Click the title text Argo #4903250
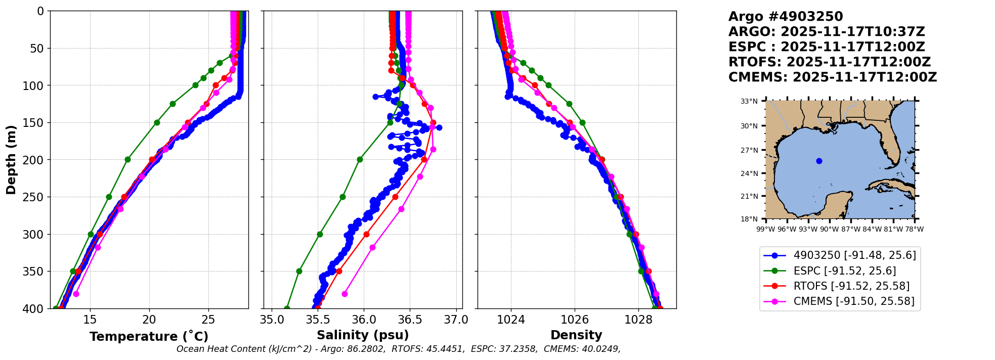pos(786,17)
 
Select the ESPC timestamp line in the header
pos(827,47)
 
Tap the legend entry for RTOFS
pos(851,286)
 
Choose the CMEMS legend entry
pos(854,301)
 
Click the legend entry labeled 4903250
pos(854,255)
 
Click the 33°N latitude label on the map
pos(749,101)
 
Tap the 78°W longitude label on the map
pos(914,229)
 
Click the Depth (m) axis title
pos(11,159)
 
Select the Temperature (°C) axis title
pos(149,337)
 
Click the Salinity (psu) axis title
pos(363,335)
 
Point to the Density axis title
pos(576,335)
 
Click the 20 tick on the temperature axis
pos(149,320)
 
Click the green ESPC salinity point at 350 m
pos(299,271)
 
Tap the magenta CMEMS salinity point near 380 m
pos(344,294)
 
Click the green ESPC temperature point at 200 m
pos(127,159)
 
